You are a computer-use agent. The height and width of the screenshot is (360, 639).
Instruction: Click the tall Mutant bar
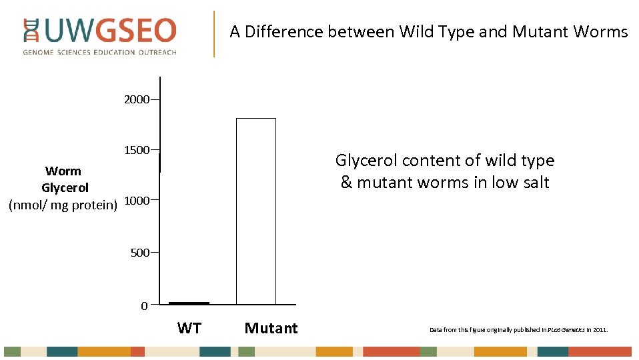pyautogui.click(x=256, y=211)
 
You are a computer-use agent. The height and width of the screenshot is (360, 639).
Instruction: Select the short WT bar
pyautogui.click(x=189, y=303)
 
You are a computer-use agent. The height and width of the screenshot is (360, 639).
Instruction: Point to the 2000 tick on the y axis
pyautogui.click(x=137, y=100)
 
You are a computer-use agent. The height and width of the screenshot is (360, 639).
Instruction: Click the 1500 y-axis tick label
pyautogui.click(x=137, y=150)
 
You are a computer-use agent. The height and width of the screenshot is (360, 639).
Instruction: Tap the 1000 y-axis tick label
pyautogui.click(x=137, y=201)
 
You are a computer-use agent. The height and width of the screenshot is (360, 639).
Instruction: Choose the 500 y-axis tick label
pyautogui.click(x=139, y=253)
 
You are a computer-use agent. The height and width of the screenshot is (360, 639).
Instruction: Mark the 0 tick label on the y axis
pyautogui.click(x=144, y=306)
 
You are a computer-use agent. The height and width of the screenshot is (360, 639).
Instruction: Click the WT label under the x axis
pyautogui.click(x=189, y=328)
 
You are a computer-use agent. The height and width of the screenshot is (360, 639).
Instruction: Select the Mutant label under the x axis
pyautogui.click(x=271, y=328)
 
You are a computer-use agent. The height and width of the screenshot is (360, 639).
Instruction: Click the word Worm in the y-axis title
pyautogui.click(x=63, y=171)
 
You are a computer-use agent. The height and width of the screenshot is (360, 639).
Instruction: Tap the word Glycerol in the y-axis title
pyautogui.click(x=65, y=188)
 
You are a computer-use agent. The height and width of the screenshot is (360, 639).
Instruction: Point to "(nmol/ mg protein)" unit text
pyautogui.click(x=63, y=205)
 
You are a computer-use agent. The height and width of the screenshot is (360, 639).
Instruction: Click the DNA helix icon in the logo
pyautogui.click(x=31, y=31)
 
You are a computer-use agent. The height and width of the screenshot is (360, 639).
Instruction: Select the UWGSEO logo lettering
pyautogui.click(x=110, y=31)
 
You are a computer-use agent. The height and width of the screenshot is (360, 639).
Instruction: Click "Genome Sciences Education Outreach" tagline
pyautogui.click(x=99, y=52)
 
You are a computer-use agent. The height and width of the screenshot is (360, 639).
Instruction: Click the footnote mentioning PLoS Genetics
pyautogui.click(x=518, y=330)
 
